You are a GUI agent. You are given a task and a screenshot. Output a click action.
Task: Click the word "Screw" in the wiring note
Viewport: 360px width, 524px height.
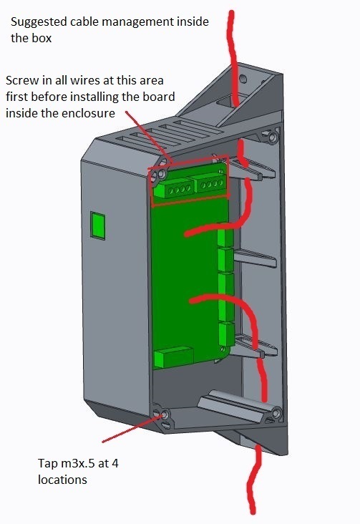[x=22, y=81]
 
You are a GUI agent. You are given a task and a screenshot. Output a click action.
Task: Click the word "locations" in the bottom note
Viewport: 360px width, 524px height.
[x=62, y=480]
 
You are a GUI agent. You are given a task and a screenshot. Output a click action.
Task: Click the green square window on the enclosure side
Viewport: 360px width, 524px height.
[x=98, y=226]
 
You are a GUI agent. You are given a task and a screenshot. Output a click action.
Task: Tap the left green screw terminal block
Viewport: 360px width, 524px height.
[x=172, y=190]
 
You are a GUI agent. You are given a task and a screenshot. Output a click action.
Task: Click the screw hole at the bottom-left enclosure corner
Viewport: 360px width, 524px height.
[x=165, y=415]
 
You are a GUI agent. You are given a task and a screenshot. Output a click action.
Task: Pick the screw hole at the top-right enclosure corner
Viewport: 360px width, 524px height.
[x=273, y=137]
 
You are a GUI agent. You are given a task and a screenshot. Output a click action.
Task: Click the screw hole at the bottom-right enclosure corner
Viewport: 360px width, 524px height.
[x=276, y=413]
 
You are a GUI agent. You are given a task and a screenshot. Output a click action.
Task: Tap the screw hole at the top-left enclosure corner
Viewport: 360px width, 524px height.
[x=162, y=174]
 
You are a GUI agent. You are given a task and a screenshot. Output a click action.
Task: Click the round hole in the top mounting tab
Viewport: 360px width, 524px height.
[x=243, y=79]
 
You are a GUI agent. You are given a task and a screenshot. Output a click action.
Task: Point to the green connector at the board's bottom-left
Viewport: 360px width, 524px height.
[x=173, y=358]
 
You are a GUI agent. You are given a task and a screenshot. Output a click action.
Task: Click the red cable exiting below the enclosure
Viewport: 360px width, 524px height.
[x=254, y=478]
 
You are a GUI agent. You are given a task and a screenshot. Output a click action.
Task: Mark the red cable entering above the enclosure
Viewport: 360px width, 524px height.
[x=233, y=57]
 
